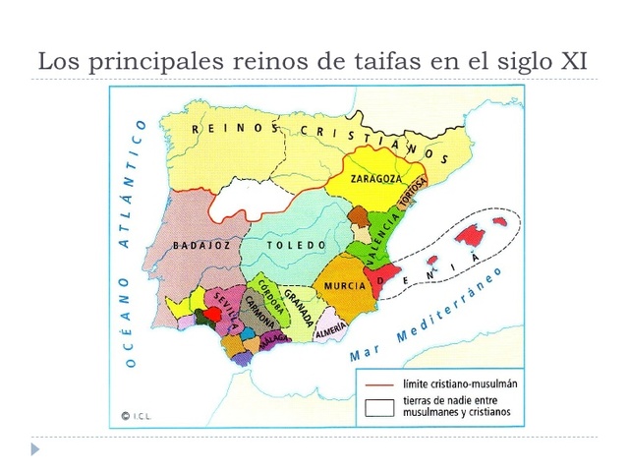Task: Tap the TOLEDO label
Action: pyautogui.click(x=296, y=245)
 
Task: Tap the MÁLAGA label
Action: pyautogui.click(x=278, y=337)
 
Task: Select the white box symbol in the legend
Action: pyautogui.click(x=380, y=408)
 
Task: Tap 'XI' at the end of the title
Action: pyautogui.click(x=573, y=61)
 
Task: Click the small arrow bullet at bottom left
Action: pyautogui.click(x=36, y=449)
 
